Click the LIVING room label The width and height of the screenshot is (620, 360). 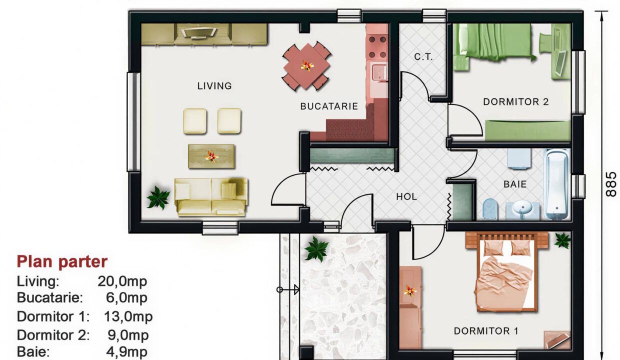click(x=214, y=86)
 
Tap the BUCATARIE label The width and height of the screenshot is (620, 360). click(x=329, y=106)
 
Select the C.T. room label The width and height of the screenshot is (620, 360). click(x=423, y=57)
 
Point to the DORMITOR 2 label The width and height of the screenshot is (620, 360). click(x=515, y=102)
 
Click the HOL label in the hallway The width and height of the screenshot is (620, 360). click(x=406, y=197)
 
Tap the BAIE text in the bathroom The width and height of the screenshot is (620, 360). click(x=515, y=184)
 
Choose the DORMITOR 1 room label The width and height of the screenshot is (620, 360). click(x=485, y=331)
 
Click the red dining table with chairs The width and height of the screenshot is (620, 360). click(x=306, y=65)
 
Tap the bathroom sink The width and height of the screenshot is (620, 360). click(x=522, y=209)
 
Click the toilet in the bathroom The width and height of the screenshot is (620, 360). click(x=490, y=209)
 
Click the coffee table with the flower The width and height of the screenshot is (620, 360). click(x=211, y=156)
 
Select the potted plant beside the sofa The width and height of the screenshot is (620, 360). click(x=158, y=198)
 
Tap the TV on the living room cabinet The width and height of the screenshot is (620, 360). click(x=198, y=33)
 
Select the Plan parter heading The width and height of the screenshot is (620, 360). click(x=62, y=261)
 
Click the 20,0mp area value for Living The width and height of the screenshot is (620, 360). click(x=122, y=281)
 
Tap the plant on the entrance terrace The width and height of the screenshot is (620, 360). click(x=316, y=249)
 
